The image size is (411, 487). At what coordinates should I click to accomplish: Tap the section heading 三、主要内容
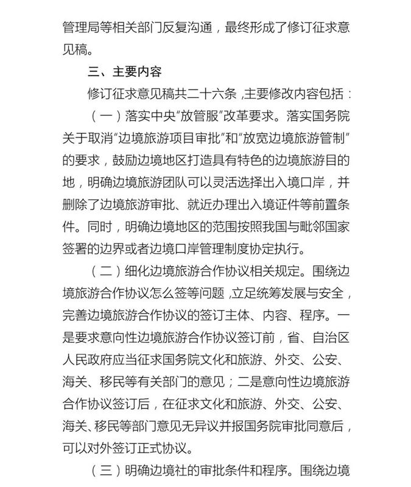(125, 71)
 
